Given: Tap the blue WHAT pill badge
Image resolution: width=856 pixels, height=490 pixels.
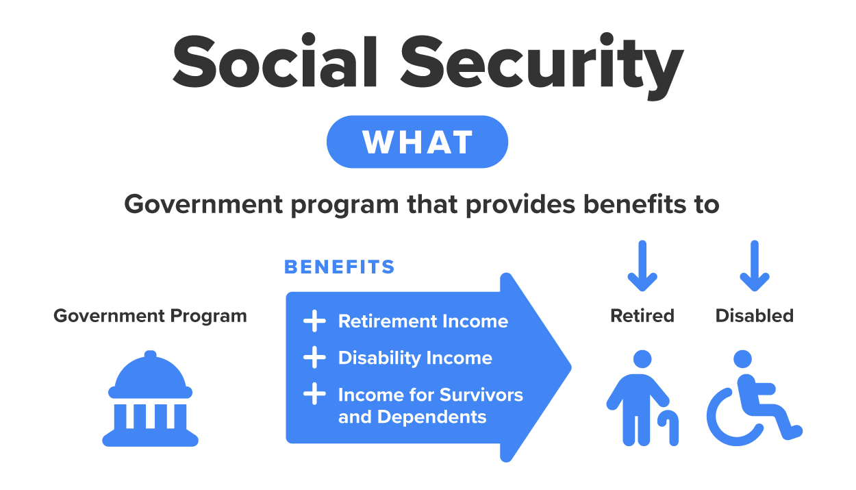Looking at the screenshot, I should (x=417, y=143).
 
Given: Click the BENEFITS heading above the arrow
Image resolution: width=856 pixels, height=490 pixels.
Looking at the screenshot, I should (x=340, y=267).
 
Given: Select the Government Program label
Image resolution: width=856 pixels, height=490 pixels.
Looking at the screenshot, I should (x=150, y=316).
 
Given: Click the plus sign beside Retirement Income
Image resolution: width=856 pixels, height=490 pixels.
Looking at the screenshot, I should (x=314, y=321).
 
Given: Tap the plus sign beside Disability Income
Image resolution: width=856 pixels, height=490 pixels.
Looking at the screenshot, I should (x=314, y=358).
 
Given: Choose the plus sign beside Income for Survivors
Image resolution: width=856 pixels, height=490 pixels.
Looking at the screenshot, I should (x=314, y=395).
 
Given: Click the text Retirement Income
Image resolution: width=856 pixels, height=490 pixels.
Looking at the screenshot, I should (x=423, y=321).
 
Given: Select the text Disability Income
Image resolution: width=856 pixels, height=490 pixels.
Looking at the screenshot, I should (x=415, y=358).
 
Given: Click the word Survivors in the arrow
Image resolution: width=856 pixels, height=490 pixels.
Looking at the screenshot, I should (x=481, y=395).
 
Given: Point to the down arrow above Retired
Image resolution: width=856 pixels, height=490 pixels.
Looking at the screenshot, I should (x=642, y=266).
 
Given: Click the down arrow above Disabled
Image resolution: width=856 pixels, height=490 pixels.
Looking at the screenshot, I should (x=755, y=266).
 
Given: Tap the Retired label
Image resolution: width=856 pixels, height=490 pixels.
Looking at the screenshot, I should (x=642, y=316).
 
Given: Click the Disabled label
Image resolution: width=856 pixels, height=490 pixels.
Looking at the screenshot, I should (x=755, y=316).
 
